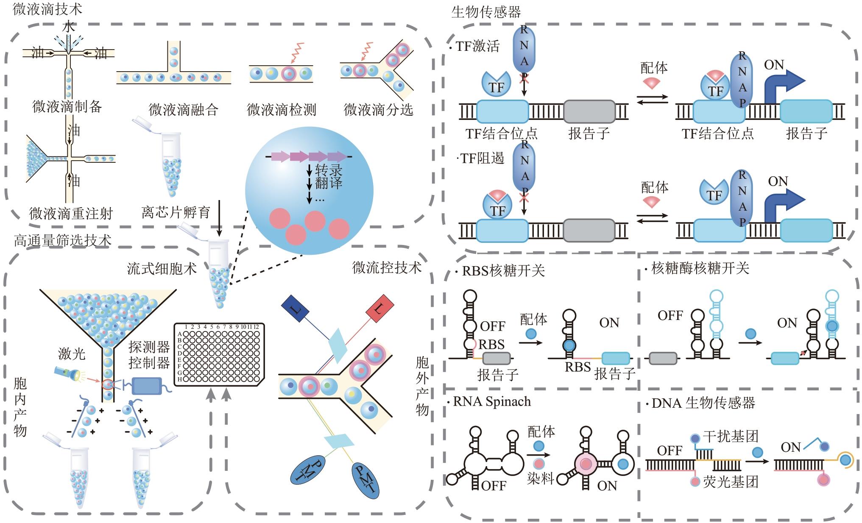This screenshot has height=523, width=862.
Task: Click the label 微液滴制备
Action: [67, 106]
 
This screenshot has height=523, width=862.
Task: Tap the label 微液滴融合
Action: [183, 110]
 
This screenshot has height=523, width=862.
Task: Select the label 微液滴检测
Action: [282, 110]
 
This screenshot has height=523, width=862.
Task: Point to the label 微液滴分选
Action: [378, 110]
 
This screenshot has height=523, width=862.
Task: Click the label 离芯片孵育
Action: [176, 212]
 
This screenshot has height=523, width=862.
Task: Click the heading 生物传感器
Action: [486, 12]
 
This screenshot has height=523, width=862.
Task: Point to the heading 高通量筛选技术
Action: [63, 241]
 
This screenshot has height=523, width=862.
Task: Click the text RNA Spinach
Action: [492, 401]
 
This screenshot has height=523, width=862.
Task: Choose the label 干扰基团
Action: [730, 436]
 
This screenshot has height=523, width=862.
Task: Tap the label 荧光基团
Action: [730, 482]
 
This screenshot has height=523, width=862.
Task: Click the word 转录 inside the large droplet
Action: [329, 170]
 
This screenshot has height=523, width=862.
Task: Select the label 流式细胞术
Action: [162, 268]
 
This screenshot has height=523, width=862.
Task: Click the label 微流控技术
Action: [387, 267]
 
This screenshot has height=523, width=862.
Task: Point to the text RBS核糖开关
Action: [503, 270]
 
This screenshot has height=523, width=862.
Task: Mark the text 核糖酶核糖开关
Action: [700, 268]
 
